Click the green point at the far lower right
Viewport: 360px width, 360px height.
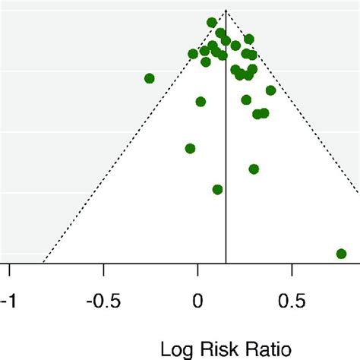click(x=341, y=254)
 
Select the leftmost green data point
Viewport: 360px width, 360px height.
click(x=150, y=78)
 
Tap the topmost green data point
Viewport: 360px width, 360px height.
click(x=212, y=23)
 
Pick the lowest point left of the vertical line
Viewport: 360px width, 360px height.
click(x=218, y=189)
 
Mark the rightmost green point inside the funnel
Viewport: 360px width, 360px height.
click(x=270, y=90)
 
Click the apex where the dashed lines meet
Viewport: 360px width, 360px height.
click(x=226, y=10)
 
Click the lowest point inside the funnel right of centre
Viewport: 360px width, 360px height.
click(x=254, y=169)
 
